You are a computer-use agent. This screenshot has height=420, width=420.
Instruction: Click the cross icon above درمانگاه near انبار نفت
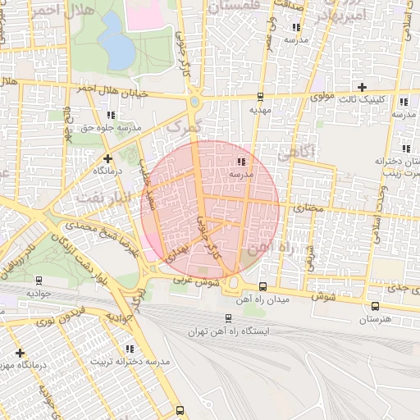point(107,157)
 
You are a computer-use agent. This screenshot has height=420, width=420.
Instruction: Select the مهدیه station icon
point(261,96)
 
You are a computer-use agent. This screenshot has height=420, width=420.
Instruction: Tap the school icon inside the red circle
point(241,162)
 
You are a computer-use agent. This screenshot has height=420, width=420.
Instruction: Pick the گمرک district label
point(182,127)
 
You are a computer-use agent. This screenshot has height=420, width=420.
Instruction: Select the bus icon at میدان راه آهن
point(262,286)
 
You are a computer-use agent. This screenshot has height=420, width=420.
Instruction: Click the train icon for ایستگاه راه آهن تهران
point(227,318)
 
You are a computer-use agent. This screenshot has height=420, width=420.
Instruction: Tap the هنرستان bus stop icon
point(375,307)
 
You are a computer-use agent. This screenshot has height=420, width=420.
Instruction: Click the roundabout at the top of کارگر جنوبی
point(195,102)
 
